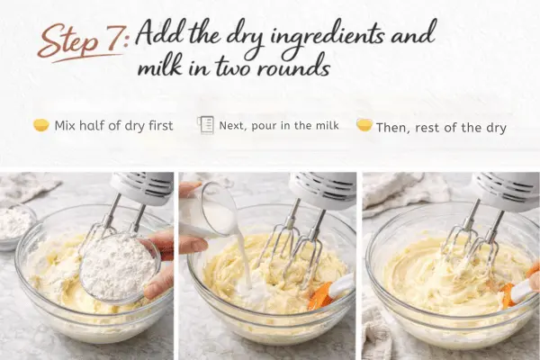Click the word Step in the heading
click(68, 41)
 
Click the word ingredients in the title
click(327, 37)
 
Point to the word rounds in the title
click(293, 67)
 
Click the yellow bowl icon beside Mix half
click(41, 125)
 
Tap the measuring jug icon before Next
click(205, 125)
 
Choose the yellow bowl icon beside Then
click(364, 125)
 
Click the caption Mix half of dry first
click(113, 126)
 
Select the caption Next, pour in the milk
click(279, 125)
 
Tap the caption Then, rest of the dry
click(441, 128)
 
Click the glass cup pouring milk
click(208, 209)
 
